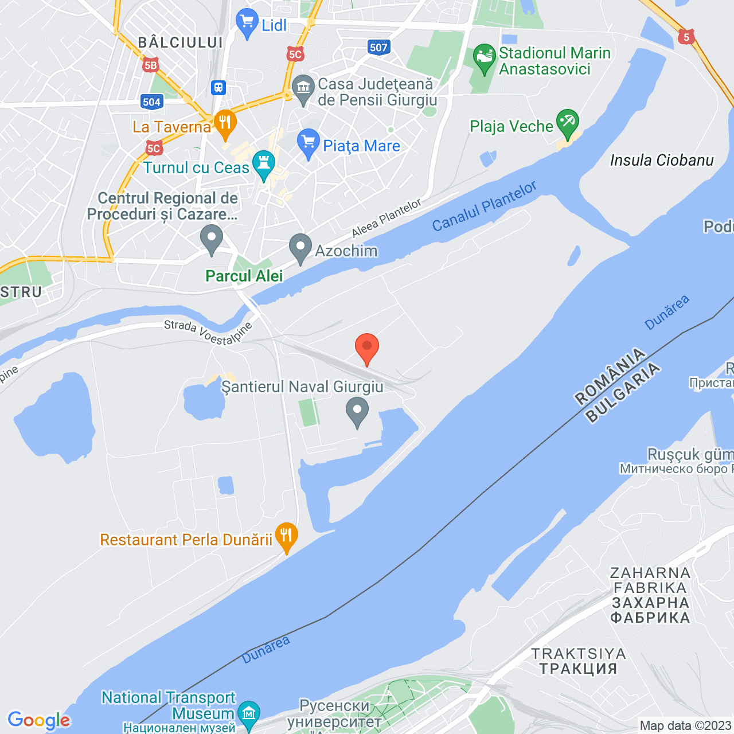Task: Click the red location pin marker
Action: coord(367,348)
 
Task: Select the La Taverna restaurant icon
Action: coord(225,123)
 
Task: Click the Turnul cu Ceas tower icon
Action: coord(264,165)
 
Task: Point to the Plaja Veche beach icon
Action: coord(567,123)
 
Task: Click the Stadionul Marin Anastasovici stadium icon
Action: coord(485,57)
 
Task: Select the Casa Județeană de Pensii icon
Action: coord(303,89)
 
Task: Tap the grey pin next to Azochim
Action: coord(300,248)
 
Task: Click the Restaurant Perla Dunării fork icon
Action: coord(286,537)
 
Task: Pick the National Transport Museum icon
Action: coord(249,714)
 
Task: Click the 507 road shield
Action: coord(378,48)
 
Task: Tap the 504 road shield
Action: coord(151,102)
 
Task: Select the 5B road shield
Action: coord(150,65)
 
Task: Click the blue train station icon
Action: coord(218,88)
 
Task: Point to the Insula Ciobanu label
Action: coord(662,160)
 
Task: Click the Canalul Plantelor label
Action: coord(485,206)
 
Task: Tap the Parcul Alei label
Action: coord(244,276)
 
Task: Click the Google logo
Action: coord(39,720)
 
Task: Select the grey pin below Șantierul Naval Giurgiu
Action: coord(357,411)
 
